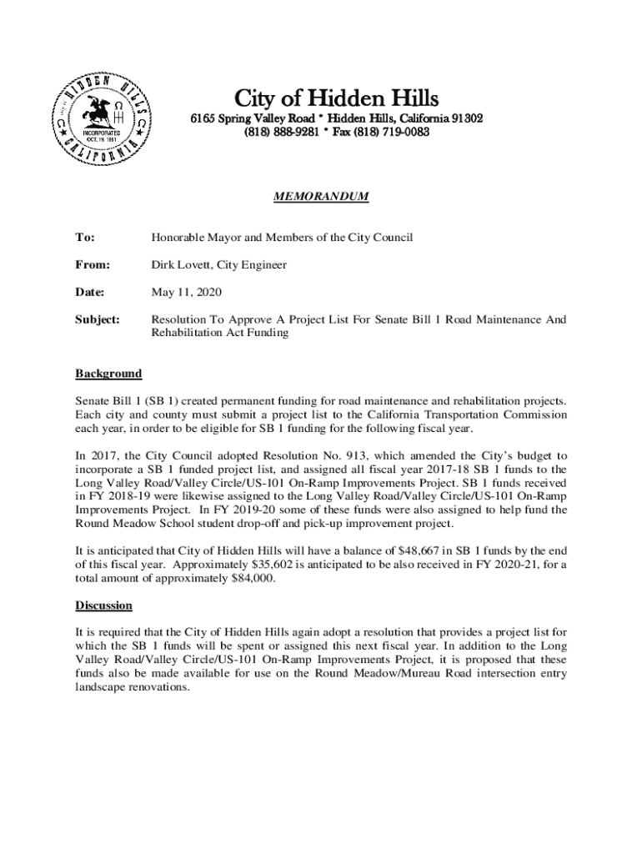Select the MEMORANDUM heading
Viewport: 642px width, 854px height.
321,196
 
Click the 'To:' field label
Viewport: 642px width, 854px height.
85,238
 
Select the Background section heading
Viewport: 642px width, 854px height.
108,373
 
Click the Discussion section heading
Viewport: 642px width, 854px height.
104,605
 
